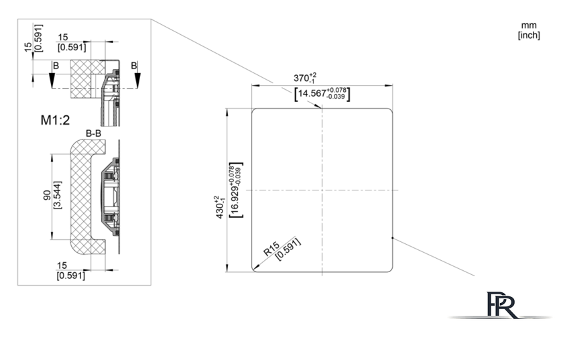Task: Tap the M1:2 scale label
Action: pos(55,120)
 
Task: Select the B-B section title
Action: pos(93,133)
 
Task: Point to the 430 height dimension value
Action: pos(220,207)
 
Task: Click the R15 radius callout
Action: pos(271,249)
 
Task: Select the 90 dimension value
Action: pos(47,195)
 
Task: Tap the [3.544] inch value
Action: pos(58,195)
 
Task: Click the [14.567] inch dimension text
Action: pos(322,93)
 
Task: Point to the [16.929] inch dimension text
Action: pos(236,190)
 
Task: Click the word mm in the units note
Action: pos(529,25)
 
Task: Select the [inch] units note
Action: pos(529,36)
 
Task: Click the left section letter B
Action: pos(56,66)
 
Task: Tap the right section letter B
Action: pos(134,66)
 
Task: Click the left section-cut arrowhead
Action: pos(52,79)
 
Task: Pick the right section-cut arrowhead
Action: pos(137,79)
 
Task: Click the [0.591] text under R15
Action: pos(288,249)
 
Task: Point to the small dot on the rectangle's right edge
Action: pos(393,238)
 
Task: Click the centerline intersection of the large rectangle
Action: pos(322,190)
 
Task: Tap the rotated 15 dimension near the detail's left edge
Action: pos(28,47)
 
